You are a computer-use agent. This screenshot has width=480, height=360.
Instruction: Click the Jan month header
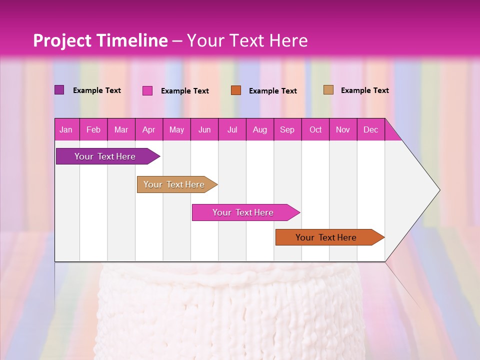click(x=66, y=129)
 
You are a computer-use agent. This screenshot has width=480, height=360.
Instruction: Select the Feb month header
click(x=93, y=129)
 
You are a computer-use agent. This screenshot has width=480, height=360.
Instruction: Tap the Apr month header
click(x=149, y=129)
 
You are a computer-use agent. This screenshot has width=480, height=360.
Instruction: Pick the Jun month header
click(x=204, y=129)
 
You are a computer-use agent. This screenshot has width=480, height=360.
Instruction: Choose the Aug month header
click(x=260, y=129)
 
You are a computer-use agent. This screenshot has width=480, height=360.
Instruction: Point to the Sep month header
click(x=287, y=129)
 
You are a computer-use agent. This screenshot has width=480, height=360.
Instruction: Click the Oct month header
click(x=315, y=129)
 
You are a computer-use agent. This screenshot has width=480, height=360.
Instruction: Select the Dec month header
click(x=371, y=129)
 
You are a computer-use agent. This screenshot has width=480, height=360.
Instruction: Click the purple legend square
click(x=59, y=90)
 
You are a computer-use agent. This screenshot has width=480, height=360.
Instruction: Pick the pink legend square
click(x=147, y=90)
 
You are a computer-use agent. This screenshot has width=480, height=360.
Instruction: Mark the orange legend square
click(x=235, y=90)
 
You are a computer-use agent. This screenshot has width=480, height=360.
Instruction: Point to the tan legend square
click(x=328, y=90)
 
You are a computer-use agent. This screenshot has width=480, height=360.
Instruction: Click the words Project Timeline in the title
click(x=100, y=40)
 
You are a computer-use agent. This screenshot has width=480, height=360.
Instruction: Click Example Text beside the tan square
click(x=364, y=90)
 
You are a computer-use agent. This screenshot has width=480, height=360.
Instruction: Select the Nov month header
click(x=343, y=129)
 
